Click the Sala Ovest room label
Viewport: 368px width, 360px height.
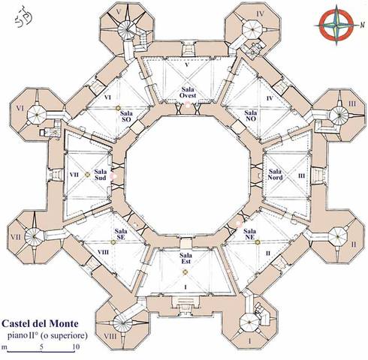coord(188,92)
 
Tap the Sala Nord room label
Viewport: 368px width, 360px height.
coord(275,175)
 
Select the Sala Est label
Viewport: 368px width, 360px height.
coord(186,259)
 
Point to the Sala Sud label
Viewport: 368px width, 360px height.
coord(101,175)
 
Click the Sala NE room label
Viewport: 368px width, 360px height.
coord(249,234)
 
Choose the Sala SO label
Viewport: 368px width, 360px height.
coord(126,116)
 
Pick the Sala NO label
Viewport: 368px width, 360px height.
coord(250,116)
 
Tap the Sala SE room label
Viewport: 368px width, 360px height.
coord(121,234)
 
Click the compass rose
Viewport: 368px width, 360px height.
coord(337,25)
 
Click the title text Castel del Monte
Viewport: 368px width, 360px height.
coord(40,324)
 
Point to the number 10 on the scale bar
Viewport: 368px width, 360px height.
coord(76,347)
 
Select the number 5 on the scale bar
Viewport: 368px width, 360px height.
coord(41,347)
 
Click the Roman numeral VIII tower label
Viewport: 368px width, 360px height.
coord(110,336)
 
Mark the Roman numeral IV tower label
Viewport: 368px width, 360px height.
coord(261,13)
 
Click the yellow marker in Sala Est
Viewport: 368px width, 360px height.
coord(185,272)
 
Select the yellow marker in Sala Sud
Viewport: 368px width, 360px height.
coord(87,175)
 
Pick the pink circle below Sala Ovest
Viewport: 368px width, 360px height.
coord(188,106)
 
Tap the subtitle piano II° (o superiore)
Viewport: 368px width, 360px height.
coord(47,335)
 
